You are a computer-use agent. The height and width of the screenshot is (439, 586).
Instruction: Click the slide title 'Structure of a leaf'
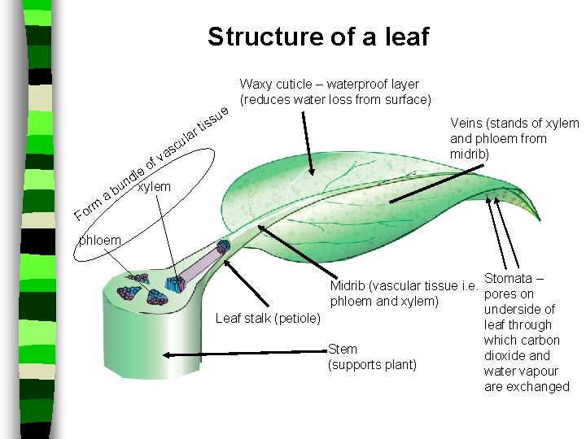317,37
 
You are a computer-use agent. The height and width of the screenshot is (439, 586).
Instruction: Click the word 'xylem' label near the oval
155,188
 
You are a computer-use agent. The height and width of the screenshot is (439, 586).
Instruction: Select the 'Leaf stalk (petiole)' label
268,318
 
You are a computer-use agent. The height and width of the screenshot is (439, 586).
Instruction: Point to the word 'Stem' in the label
343,349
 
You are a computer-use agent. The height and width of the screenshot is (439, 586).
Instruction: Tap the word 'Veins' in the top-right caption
467,123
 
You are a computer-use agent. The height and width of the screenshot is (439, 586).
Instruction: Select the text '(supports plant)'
372,364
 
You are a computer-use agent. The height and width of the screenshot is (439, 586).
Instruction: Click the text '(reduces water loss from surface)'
335,99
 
